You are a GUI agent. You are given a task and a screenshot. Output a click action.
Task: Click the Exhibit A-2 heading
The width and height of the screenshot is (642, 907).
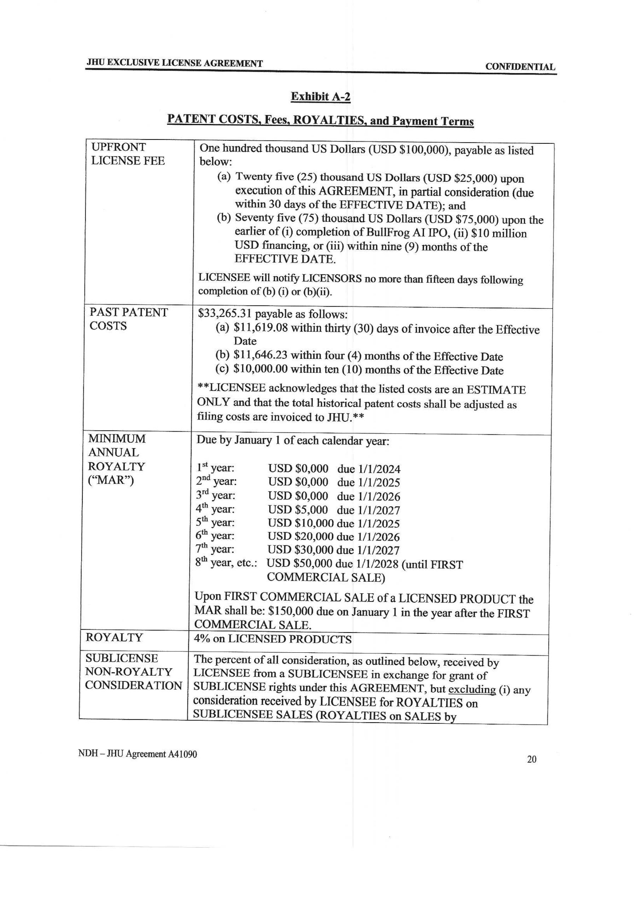320,97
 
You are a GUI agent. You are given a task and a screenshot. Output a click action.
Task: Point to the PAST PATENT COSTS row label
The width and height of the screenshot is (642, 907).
128,319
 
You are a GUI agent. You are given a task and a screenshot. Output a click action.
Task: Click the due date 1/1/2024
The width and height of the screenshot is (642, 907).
379,469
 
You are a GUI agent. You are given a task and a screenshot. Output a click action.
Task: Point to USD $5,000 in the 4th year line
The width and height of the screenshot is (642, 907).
298,510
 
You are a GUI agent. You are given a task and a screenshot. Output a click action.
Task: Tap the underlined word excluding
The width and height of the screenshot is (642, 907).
472,690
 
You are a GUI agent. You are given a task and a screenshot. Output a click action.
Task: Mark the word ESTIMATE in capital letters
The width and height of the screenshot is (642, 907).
496,390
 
